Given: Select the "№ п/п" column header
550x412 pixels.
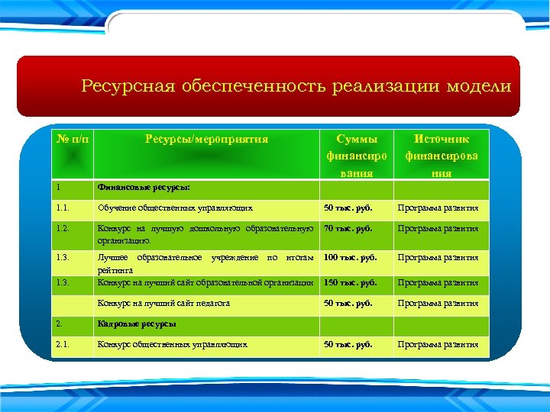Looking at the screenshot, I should tap(73, 139).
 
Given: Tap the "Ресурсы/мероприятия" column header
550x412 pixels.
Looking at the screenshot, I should tap(206, 139).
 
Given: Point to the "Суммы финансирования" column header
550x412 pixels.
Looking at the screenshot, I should tap(356, 156).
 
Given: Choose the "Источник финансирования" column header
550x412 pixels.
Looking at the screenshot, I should tap(441, 156).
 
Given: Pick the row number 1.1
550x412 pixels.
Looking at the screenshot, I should tap(63, 208).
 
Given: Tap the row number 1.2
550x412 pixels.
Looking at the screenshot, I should tap(63, 228).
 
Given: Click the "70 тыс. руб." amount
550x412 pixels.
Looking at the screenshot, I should tap(348, 228).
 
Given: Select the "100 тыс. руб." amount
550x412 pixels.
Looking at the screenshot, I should tap(350, 257).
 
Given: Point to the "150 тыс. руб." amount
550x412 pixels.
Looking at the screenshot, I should tap(350, 283).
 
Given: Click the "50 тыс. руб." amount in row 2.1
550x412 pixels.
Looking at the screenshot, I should tap(348, 345).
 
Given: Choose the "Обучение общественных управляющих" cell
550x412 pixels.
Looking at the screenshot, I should tap(175, 208).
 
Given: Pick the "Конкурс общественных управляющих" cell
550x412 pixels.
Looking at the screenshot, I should tap(172, 345).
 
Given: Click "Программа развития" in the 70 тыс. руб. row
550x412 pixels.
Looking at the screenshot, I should tap(438, 228).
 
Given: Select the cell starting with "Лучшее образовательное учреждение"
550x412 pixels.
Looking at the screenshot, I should tap(205, 262).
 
